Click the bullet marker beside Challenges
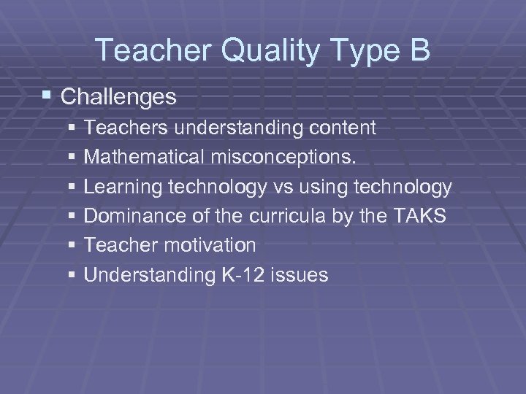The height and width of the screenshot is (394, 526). (x=47, y=96)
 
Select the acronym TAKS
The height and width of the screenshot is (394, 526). (x=422, y=216)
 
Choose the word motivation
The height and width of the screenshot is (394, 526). (x=210, y=245)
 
